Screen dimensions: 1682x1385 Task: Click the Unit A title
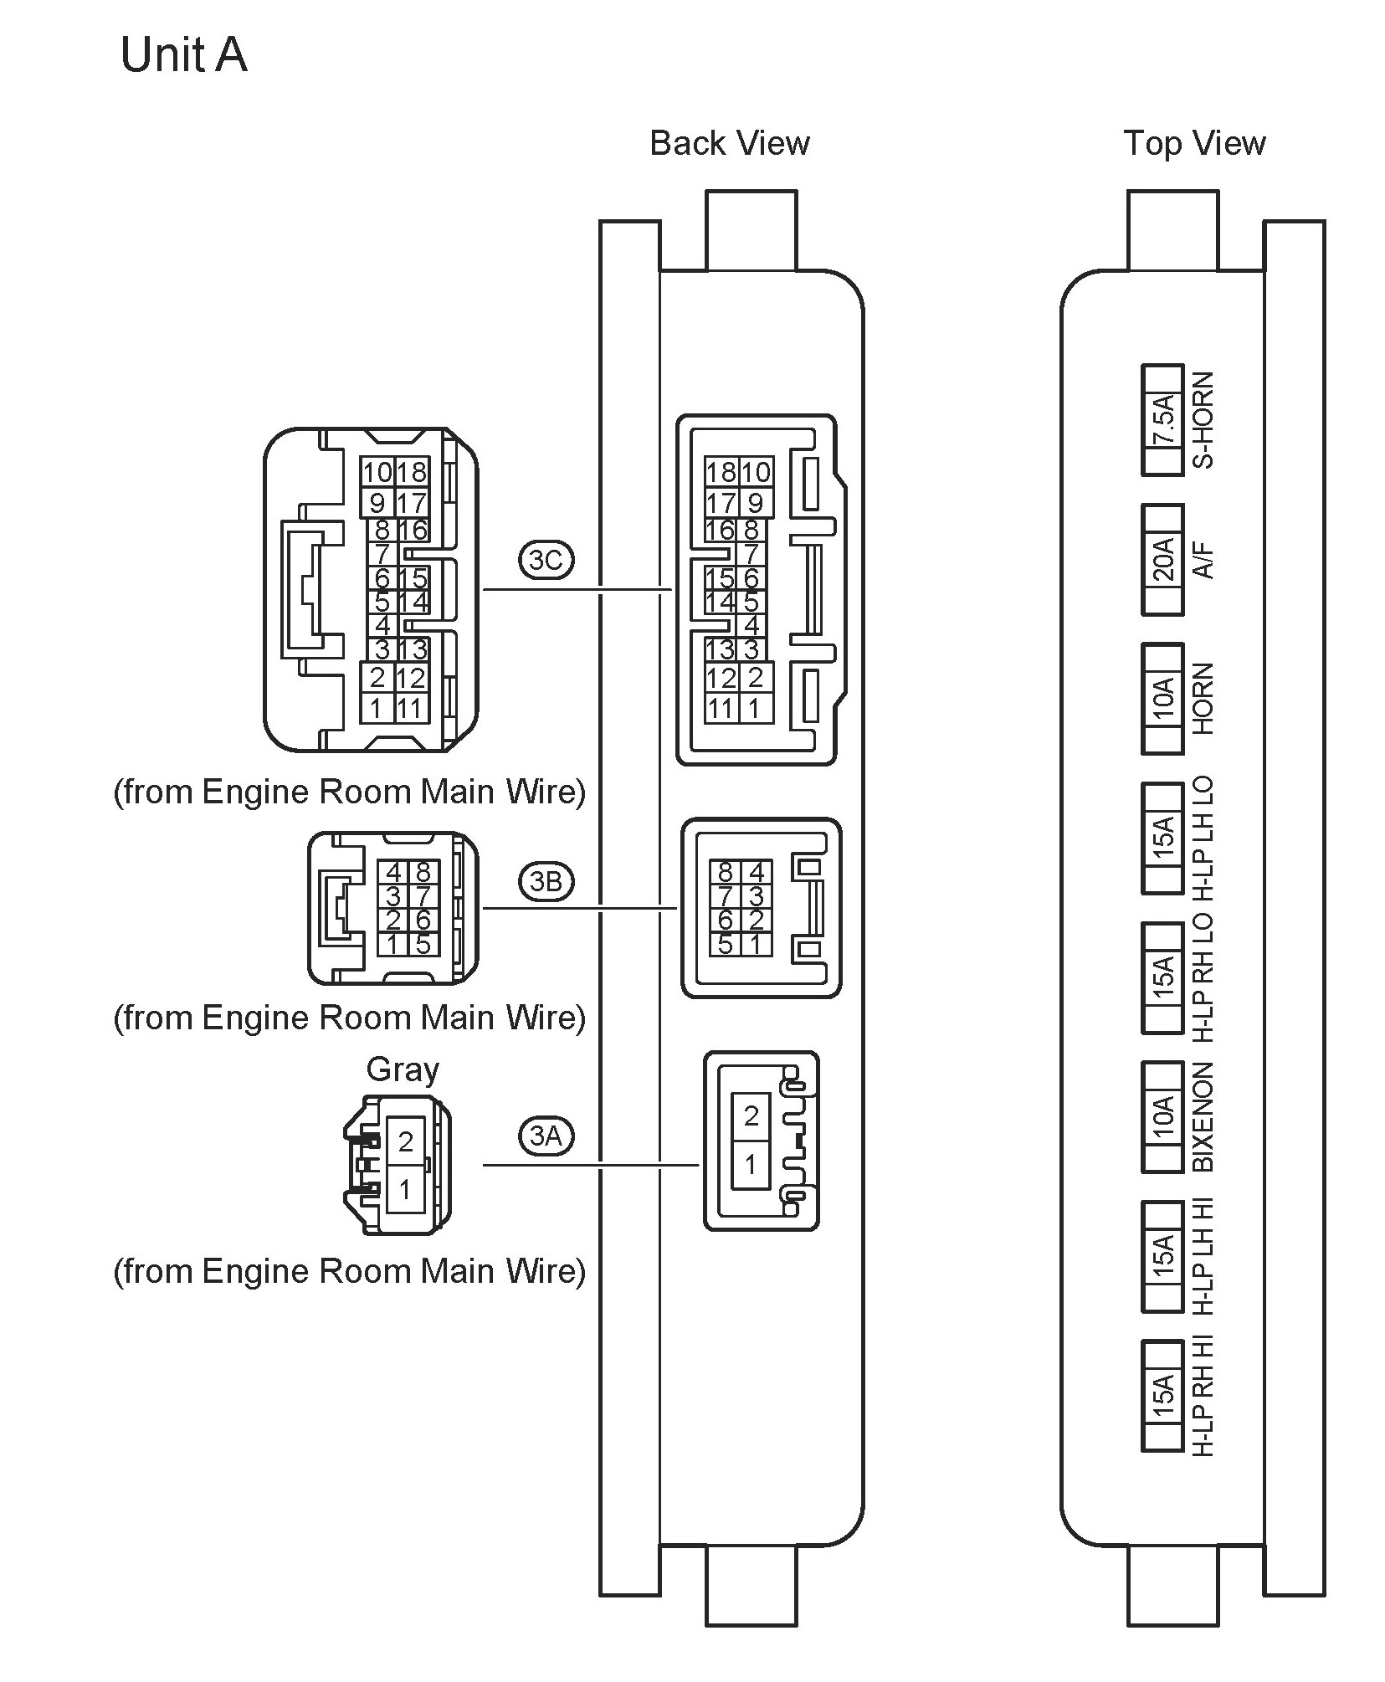pos(183,55)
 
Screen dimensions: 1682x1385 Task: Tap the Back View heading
pos(729,143)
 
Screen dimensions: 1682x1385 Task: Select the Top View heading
pos(1193,143)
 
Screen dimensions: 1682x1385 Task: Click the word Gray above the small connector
pos(402,1069)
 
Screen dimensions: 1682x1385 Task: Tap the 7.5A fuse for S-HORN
pos(1162,420)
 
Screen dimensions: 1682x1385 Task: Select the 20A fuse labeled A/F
pos(1162,559)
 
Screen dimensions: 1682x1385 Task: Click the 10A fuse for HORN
pos(1162,698)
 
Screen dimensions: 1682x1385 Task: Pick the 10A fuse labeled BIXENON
pos(1162,1116)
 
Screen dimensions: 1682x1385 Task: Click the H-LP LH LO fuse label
pos(1203,838)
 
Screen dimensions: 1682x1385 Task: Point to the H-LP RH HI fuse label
pos(1203,1396)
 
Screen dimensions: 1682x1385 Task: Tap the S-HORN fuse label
pos(1203,420)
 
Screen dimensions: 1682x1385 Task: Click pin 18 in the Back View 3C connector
pos(720,473)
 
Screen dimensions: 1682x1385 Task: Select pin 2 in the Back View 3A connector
pos(751,1115)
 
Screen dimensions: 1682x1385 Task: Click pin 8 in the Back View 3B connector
pos(724,873)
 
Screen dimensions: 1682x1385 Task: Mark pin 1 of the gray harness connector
pos(405,1188)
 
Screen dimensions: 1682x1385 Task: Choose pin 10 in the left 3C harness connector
pos(377,473)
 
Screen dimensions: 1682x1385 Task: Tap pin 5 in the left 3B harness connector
pos(423,944)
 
